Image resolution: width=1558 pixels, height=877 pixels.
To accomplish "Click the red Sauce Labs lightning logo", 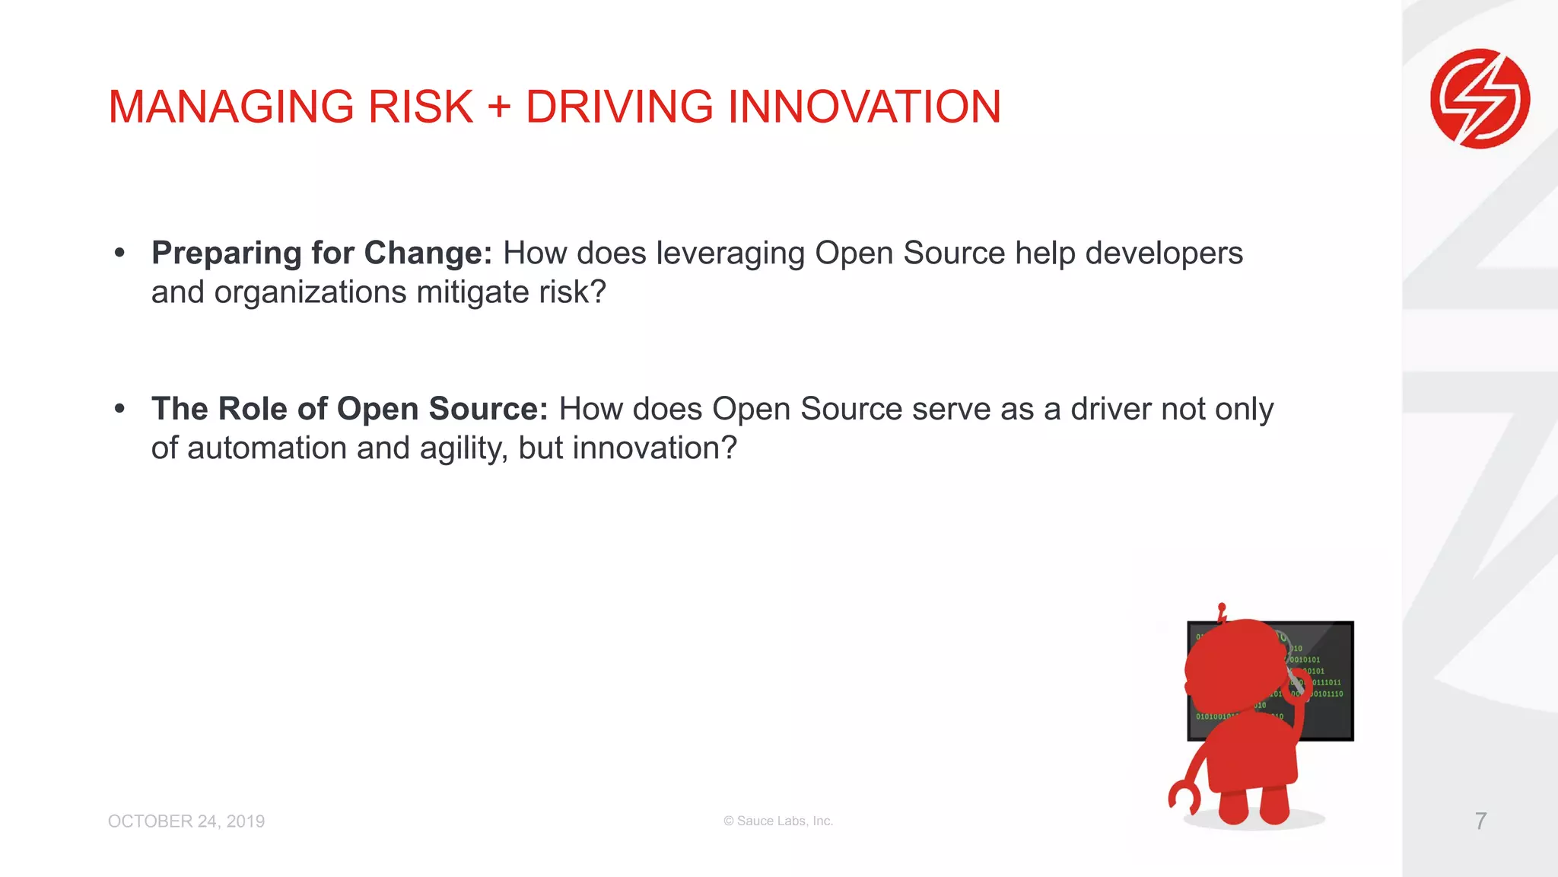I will [x=1480, y=99].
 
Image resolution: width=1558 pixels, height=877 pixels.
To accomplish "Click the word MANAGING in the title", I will [x=231, y=107].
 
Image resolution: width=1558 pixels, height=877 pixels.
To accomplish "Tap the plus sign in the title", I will [x=499, y=107].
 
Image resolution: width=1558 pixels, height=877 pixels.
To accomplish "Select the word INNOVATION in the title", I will [x=864, y=107].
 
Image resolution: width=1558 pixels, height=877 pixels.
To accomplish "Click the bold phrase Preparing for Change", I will [x=321, y=253].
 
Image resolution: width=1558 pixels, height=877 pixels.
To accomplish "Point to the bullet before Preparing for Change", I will [x=119, y=253].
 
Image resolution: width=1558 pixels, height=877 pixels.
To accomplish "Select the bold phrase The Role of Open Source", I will [x=349, y=409].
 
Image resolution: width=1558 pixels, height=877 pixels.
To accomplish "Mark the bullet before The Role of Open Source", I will [x=119, y=409].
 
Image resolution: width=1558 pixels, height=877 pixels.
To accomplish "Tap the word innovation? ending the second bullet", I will [x=654, y=448].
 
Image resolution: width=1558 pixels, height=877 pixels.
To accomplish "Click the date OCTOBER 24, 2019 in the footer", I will [x=186, y=821].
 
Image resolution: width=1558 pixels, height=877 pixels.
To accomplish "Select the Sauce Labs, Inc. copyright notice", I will [x=778, y=821].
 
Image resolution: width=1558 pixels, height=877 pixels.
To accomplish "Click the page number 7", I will [x=1480, y=821].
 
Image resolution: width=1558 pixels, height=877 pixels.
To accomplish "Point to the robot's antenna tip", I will [x=1222, y=608].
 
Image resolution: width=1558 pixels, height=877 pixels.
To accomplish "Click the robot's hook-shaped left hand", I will [x=1182, y=797].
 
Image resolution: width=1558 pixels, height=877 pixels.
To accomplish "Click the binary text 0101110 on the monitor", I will [x=1327, y=694].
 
